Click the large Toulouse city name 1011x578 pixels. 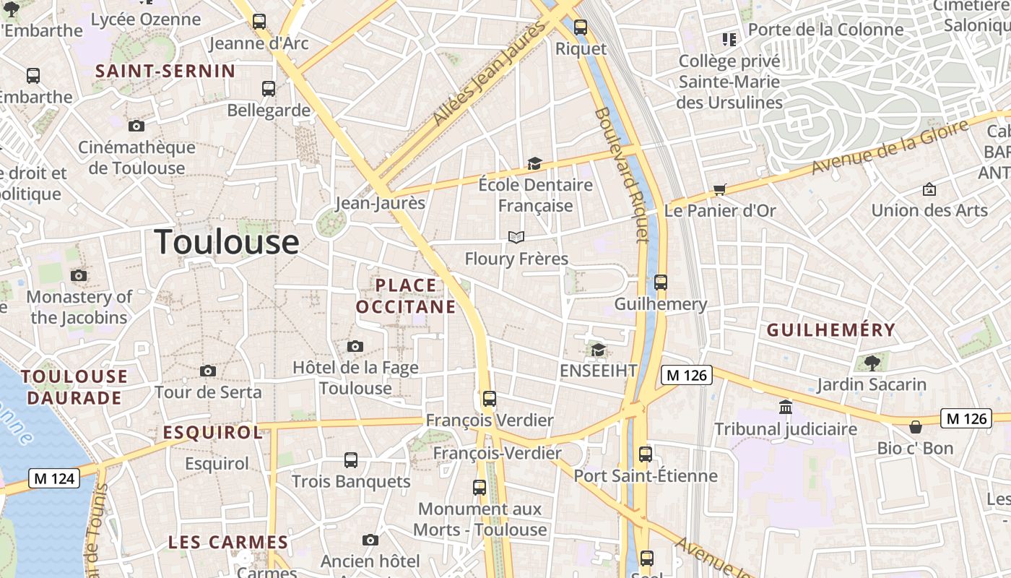click(227, 241)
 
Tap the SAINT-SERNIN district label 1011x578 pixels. click(165, 71)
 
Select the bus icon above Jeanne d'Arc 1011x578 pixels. click(259, 22)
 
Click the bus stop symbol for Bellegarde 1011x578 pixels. click(269, 89)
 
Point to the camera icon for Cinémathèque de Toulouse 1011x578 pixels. click(136, 126)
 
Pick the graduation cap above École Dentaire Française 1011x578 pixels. click(534, 164)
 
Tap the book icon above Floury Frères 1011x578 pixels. click(516, 237)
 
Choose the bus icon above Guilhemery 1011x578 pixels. click(660, 282)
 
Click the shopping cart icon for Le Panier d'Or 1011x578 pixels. click(719, 190)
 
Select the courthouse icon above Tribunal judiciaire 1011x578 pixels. click(786, 407)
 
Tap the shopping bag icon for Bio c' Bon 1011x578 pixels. click(915, 427)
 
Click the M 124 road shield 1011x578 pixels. click(54, 478)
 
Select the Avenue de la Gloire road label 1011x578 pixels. click(889, 147)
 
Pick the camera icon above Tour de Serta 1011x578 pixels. click(208, 371)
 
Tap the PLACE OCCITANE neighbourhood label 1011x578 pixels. click(407, 296)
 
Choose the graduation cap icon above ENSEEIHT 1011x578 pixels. click(598, 350)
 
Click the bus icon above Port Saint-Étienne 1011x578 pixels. click(646, 454)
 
